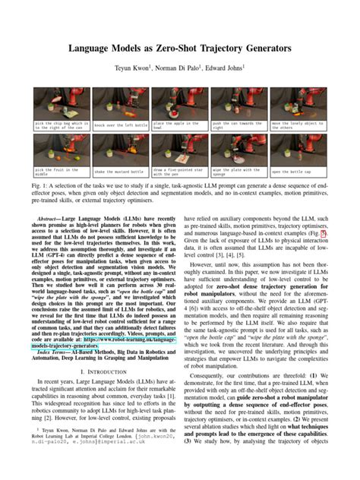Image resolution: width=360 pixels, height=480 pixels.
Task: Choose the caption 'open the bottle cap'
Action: (298, 172)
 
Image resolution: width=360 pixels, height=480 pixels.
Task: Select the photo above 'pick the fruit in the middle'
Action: (62, 150)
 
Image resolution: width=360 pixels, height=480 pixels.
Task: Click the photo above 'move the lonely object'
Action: (298, 103)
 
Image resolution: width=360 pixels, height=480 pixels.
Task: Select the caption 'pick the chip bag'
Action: (62, 125)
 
